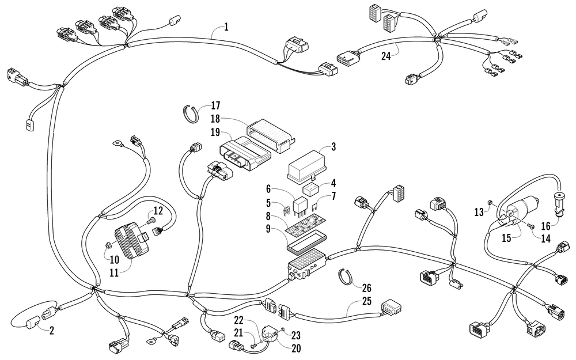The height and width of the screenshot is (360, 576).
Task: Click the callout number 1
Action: click(x=226, y=27)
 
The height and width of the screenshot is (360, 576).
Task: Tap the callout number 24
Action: click(x=386, y=56)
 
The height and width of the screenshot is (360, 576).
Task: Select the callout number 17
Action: click(x=215, y=106)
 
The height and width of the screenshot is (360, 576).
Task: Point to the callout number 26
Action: click(x=366, y=287)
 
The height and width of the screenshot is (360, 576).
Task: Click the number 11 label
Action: click(x=114, y=273)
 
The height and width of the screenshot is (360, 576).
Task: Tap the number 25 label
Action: click(x=366, y=301)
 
